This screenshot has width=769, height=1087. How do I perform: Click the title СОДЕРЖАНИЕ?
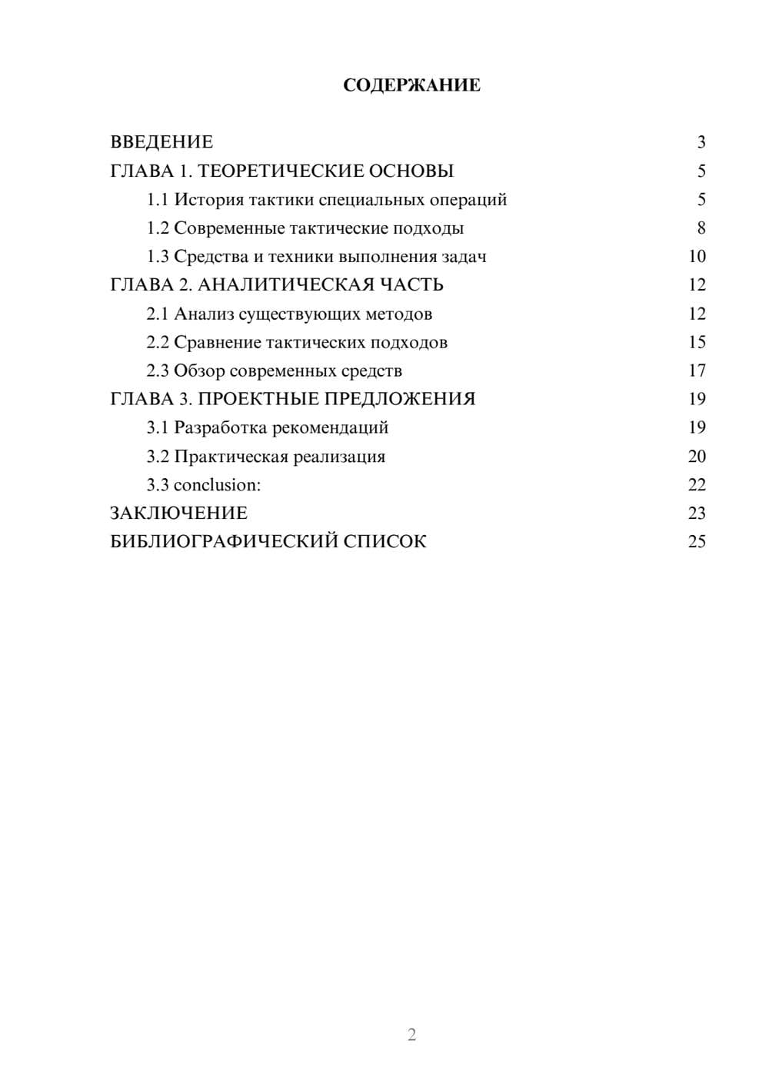pos(411,85)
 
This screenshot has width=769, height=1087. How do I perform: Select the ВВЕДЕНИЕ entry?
pos(161,142)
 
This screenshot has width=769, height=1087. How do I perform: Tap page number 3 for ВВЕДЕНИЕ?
pos(701,142)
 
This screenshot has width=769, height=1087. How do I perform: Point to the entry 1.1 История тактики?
pos(327,200)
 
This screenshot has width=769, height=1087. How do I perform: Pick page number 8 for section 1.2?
pos(701,228)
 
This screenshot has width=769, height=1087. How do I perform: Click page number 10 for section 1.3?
pos(697,257)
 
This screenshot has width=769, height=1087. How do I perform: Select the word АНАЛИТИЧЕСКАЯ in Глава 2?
pos(284,285)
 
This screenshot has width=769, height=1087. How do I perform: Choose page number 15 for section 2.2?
pos(697,342)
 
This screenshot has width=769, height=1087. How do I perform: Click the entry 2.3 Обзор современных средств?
pos(275,371)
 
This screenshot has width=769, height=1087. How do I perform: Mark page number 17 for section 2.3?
pos(697,371)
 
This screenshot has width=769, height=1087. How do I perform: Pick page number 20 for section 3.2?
pos(697,457)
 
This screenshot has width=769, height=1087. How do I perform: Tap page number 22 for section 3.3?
pos(697,485)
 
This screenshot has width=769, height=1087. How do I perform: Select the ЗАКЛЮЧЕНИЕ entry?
pos(178,514)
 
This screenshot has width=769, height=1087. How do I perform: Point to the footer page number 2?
pos(411,1035)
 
